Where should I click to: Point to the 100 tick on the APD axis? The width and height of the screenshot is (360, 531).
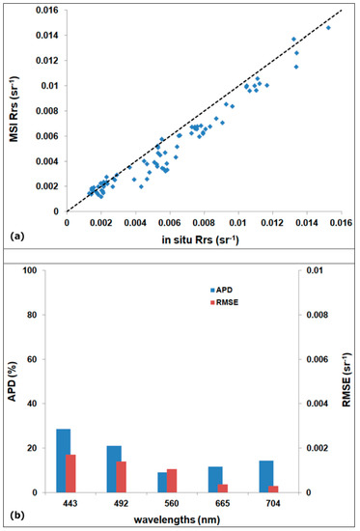point(42,270)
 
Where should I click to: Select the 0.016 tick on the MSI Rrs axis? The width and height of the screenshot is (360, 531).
point(43,11)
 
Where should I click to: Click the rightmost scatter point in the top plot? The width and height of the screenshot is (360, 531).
point(328,28)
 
